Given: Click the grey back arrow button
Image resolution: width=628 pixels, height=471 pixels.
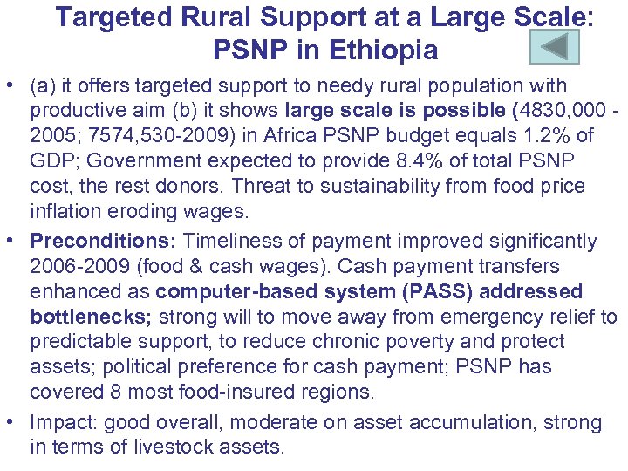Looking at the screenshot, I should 554,45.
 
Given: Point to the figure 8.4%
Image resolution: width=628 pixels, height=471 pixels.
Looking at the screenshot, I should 377,161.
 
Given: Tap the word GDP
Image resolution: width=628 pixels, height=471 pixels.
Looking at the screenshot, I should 51,161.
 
